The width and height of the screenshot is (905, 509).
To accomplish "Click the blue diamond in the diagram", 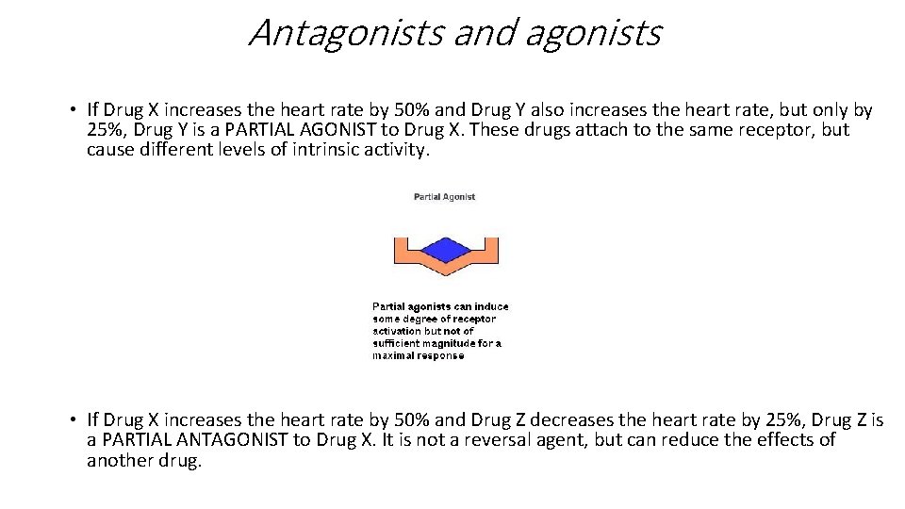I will (x=444, y=249).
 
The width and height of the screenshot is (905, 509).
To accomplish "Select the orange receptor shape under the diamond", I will (x=445, y=270).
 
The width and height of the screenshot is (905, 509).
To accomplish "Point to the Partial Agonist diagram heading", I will (x=444, y=197).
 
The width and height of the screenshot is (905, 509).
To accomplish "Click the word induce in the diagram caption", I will (x=490, y=306).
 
